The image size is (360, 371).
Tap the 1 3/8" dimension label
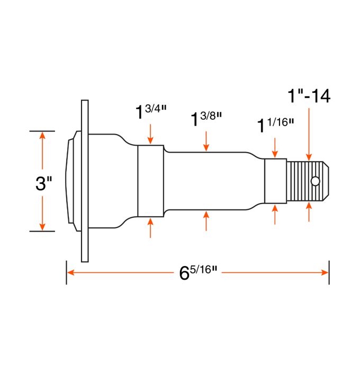click(x=206, y=119)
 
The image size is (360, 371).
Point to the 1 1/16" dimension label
click(x=275, y=125)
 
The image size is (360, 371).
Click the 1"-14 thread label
click(x=309, y=96)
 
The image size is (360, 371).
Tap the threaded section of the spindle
click(x=304, y=181)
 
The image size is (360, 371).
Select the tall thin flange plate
click(x=85, y=181)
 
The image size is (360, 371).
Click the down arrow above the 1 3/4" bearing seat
click(x=151, y=135)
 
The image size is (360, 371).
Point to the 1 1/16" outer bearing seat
click(x=275, y=181)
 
